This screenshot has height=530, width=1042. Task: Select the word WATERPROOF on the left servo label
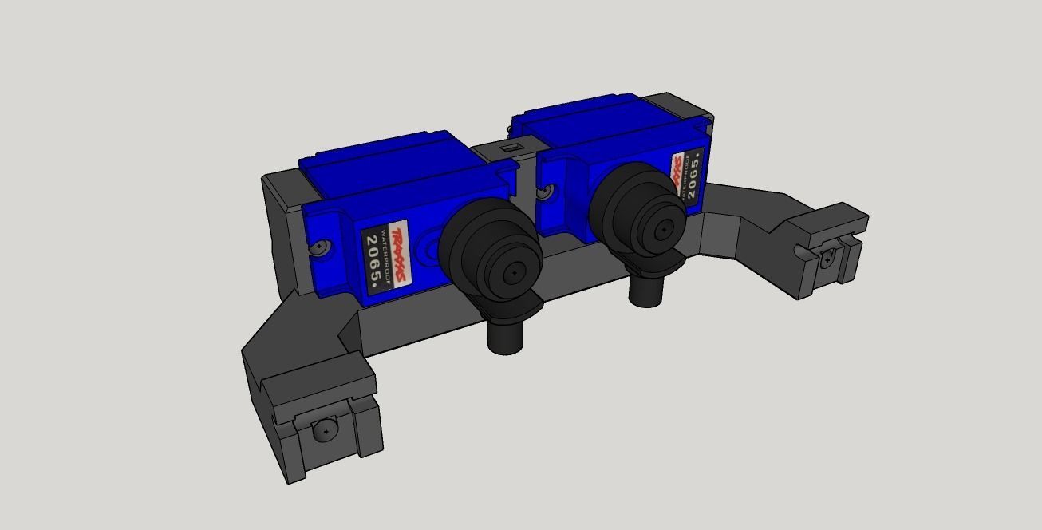tap(385, 256)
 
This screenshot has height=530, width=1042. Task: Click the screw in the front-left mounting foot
tap(326, 431)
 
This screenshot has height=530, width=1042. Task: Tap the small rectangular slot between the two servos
tap(509, 148)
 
